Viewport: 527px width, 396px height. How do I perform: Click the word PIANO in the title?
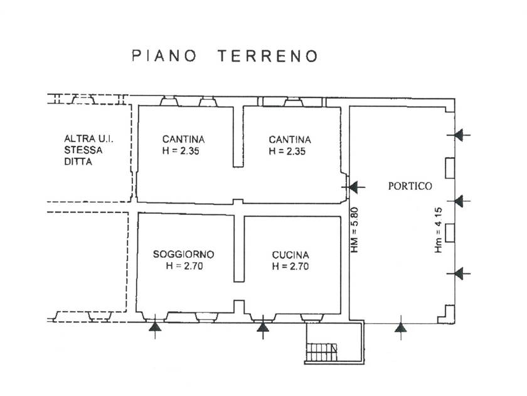pos(164,56)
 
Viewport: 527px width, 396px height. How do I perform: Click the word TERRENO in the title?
pos(268,56)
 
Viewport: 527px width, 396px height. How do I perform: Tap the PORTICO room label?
pos(410,186)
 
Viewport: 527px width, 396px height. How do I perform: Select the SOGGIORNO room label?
pos(184,255)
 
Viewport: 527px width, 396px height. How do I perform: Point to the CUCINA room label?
pos(290,255)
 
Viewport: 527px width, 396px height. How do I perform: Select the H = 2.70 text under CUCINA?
pos(290,267)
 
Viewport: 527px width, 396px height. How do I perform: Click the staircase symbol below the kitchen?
pos(322,352)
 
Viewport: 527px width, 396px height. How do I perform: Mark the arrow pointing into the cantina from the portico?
pos(356,187)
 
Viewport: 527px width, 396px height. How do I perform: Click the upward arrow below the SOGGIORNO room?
pos(154,327)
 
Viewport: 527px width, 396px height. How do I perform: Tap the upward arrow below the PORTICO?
pos(400,327)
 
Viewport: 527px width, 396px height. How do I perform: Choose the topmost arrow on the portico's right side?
pos(461,135)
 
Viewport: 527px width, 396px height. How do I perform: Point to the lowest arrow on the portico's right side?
pos(461,273)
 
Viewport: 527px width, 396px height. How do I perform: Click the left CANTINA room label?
pos(183,140)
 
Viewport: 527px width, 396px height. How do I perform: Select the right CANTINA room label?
pos(289,140)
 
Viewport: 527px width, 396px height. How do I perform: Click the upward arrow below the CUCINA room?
pos(263,327)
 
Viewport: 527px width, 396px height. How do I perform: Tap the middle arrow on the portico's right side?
pos(461,201)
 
